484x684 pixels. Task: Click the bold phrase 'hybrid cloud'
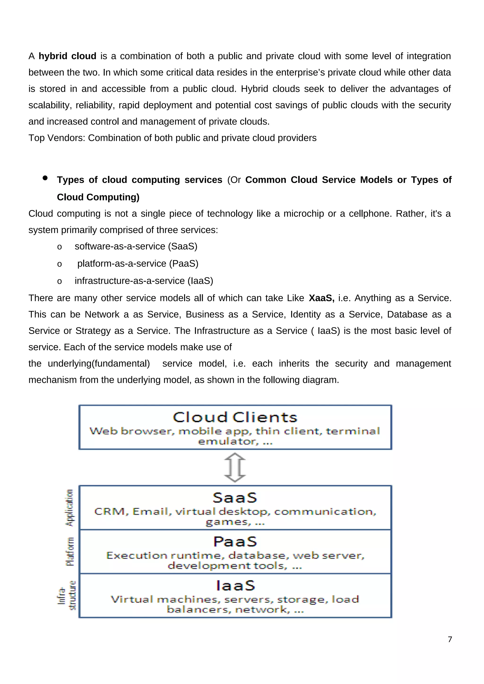coord(67,56)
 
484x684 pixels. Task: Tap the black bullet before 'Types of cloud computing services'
coord(45,178)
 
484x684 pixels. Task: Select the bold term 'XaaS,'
coord(321,298)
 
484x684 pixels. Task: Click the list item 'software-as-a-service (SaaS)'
coord(136,246)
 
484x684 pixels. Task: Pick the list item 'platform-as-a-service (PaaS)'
coord(138,264)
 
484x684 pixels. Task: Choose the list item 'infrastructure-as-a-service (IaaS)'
coord(144,281)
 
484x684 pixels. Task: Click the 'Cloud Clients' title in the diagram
coord(235,417)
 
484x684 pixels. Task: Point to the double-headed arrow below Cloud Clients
coord(235,467)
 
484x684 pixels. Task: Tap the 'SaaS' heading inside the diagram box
coord(235,498)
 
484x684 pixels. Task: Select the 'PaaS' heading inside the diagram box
coord(235,542)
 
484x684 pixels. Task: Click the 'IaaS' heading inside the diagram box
coord(235,586)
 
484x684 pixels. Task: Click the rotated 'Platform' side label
coord(70,551)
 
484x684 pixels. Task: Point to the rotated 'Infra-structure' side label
coord(67,595)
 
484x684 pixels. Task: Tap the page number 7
coord(450,640)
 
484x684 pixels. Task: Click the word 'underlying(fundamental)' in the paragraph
coord(99,363)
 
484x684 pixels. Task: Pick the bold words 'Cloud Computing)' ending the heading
coord(98,197)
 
